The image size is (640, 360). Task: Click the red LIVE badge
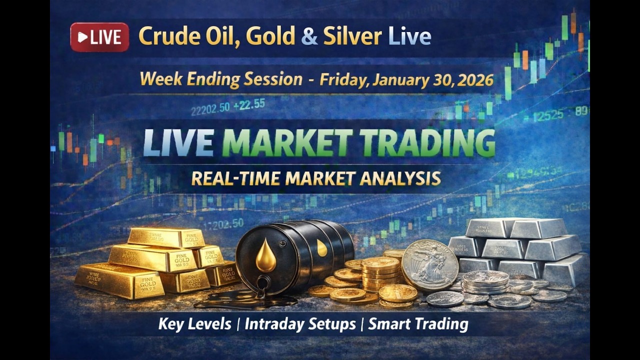tap(99, 37)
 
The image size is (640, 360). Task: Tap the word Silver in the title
tap(352, 36)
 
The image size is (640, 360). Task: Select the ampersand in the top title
tap(309, 36)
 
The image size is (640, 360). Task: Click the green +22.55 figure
tap(252, 104)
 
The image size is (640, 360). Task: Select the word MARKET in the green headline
tap(286, 143)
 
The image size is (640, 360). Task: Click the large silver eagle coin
tap(430, 265)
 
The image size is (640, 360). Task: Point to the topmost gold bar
tap(165, 237)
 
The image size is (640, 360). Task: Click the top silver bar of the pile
tap(515, 227)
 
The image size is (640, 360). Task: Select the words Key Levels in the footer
tap(195, 324)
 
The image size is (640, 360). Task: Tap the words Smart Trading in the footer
tap(418, 324)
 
